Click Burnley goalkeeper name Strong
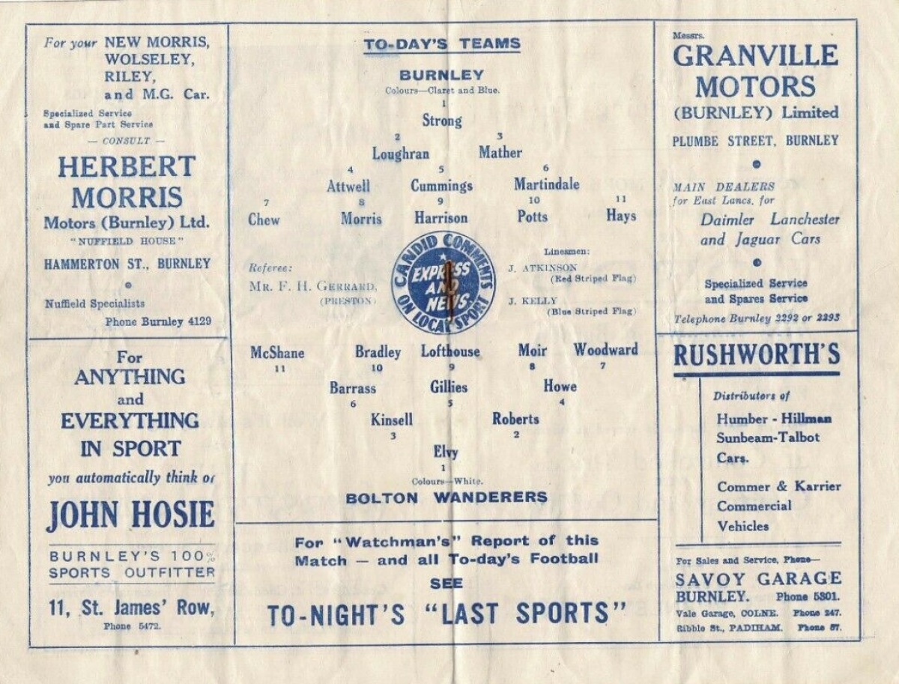tap(442, 121)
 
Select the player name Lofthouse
tap(450, 351)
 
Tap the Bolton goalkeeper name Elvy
tap(446, 453)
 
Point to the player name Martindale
tap(547, 184)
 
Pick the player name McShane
tap(277, 353)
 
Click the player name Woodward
tap(606, 350)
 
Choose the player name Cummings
tap(441, 186)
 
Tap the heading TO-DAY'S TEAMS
tap(442, 44)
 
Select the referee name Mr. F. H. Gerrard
tap(312, 286)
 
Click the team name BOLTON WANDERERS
tap(447, 498)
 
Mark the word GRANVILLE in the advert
tap(756, 55)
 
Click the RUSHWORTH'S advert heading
tap(757, 356)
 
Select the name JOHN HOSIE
tap(130, 515)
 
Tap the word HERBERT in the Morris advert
tap(127, 167)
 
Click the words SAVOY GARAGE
tap(758, 578)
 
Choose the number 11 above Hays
tap(621, 199)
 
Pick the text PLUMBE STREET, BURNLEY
tap(756, 142)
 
